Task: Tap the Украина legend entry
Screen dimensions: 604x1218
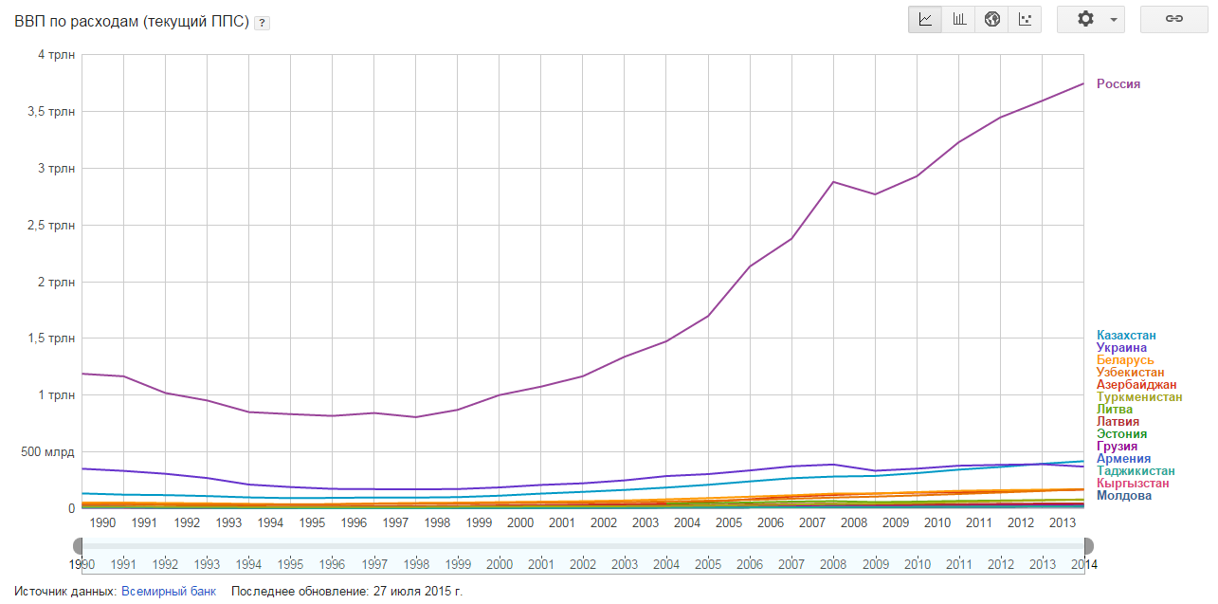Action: click(x=1121, y=348)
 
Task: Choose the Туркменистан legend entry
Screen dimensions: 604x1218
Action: click(x=1139, y=397)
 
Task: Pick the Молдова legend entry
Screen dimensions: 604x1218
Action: click(x=1124, y=496)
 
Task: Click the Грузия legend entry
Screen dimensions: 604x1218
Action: click(x=1117, y=447)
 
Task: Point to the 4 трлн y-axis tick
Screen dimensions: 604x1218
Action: click(x=59, y=55)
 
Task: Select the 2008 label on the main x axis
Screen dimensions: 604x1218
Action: click(x=854, y=522)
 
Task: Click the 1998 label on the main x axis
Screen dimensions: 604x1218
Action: click(x=437, y=522)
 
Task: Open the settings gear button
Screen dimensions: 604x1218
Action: click(x=1091, y=19)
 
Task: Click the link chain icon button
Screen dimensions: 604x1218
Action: click(x=1173, y=19)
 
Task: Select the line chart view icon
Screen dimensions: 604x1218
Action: click(x=926, y=19)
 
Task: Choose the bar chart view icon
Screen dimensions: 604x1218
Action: click(x=959, y=19)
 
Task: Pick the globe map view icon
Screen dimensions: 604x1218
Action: click(x=992, y=19)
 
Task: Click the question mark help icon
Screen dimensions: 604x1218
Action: click(x=262, y=23)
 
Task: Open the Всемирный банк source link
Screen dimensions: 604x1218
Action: click(x=169, y=592)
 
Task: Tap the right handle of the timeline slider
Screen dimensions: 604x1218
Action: click(x=1088, y=545)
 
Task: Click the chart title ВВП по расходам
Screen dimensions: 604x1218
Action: click(x=131, y=22)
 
